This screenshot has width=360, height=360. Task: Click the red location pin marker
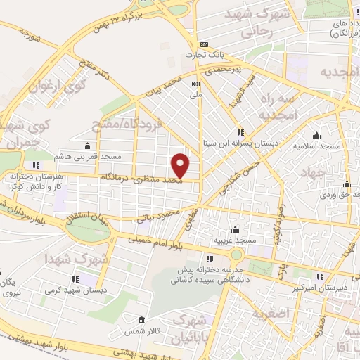pos(181,165)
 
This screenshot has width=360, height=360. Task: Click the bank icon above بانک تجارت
pos(204,43)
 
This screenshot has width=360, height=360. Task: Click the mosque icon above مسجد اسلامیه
pos(317,136)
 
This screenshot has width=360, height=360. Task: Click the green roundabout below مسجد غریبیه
pos(237,255)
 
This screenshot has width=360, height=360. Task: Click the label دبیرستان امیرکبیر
pos(330,286)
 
